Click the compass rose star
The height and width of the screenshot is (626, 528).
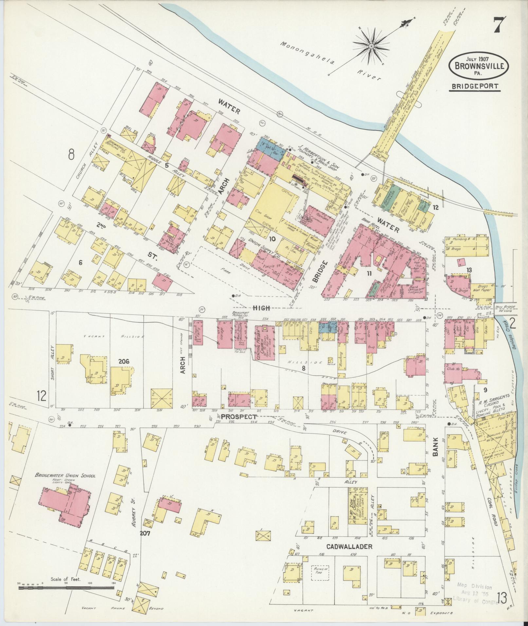click(x=372, y=46)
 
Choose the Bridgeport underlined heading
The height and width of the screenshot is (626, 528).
click(x=474, y=86)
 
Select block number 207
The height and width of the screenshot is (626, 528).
click(x=144, y=533)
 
